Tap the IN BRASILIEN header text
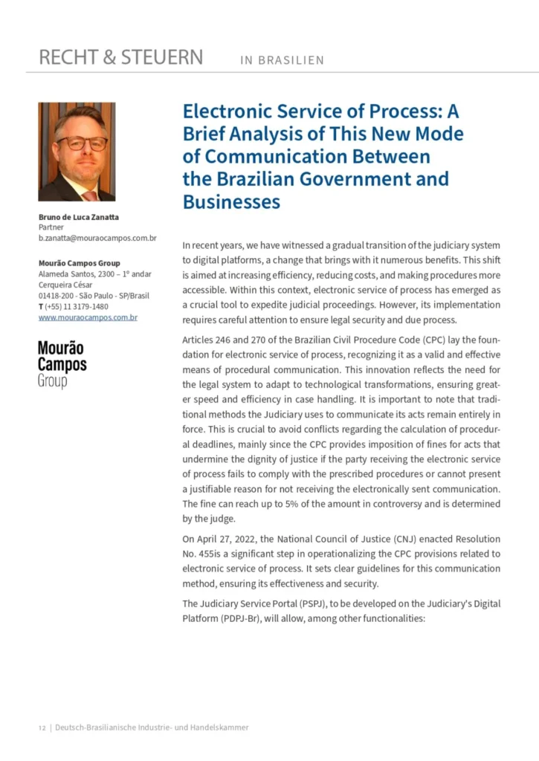pos(283,60)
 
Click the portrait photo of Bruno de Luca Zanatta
pos(77,152)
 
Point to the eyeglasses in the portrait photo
pos(82,142)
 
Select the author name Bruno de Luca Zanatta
pos(79,217)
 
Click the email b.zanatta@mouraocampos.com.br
pos(97,238)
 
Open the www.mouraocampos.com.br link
pos(88,317)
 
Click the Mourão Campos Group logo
pos(62,364)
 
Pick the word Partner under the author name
pos(51,227)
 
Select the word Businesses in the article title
pos(231,201)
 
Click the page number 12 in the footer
pos(42,728)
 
